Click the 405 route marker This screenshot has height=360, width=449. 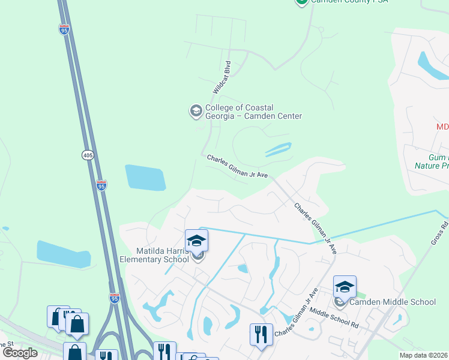[88, 155]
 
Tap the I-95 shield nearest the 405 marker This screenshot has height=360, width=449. [101, 185]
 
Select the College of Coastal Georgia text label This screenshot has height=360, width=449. [253, 112]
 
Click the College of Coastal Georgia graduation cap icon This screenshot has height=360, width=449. [196, 111]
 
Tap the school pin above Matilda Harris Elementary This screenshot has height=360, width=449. [196, 241]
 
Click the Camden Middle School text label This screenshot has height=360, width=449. [393, 302]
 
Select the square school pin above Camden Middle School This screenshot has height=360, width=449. [345, 287]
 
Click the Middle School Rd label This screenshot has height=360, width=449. [334, 319]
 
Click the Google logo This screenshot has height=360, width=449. [20, 353]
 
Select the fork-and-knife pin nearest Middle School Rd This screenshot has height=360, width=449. [261, 334]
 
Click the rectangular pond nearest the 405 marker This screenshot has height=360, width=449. [145, 178]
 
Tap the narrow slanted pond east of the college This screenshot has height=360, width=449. [277, 149]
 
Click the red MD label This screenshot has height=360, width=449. [442, 127]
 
